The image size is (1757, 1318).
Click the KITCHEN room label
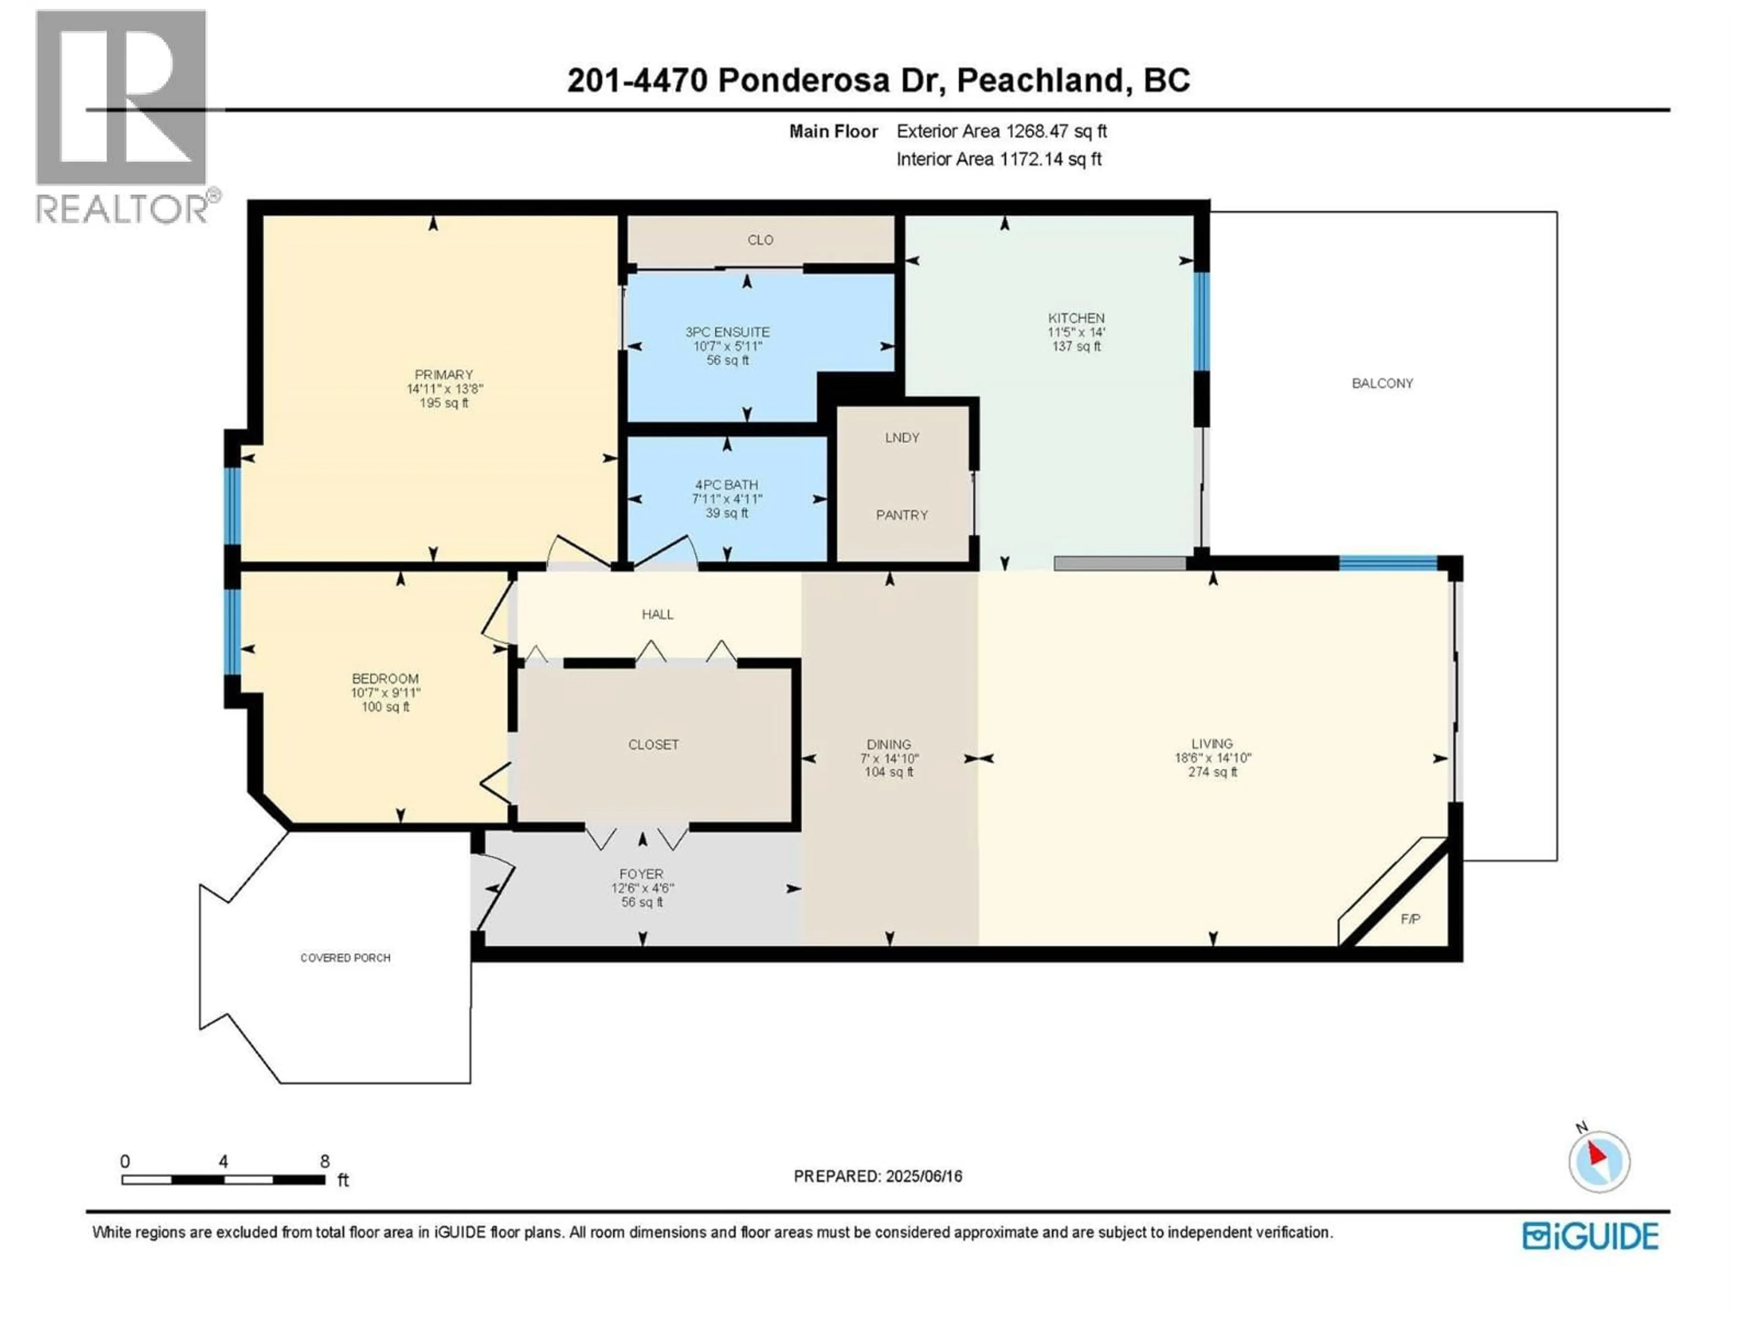(x=1076, y=318)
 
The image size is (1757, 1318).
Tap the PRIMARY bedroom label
(x=443, y=374)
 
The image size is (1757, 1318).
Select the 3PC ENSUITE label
(x=727, y=332)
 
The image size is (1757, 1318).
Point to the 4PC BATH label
(x=726, y=485)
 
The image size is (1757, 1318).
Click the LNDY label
(x=901, y=438)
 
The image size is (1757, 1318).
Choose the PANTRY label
(x=901, y=515)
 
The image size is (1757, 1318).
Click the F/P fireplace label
(x=1410, y=919)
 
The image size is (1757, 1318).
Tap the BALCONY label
(x=1382, y=383)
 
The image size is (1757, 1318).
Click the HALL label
(x=657, y=614)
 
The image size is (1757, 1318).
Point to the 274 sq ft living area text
(x=1212, y=772)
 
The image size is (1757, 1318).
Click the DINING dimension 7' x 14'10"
(x=889, y=759)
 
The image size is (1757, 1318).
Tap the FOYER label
(x=641, y=874)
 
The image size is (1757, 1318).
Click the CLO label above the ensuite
(x=760, y=240)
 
